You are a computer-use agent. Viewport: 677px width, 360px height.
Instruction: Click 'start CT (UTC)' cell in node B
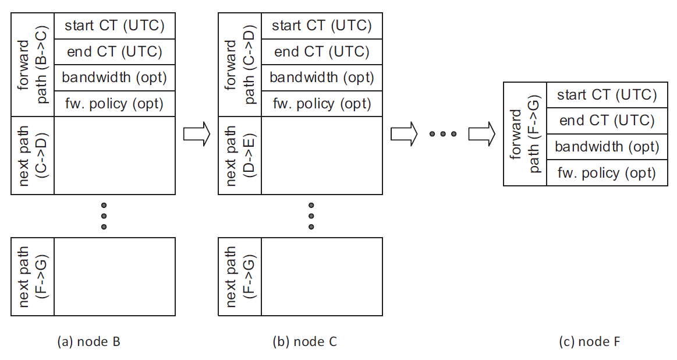(x=114, y=26)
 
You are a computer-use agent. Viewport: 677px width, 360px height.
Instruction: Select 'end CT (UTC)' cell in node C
(x=321, y=52)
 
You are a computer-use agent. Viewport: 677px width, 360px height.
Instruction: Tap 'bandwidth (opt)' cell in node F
(x=607, y=147)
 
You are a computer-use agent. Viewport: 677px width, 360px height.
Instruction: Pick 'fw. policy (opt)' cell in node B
(x=114, y=104)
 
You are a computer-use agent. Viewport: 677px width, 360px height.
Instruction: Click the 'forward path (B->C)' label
(x=33, y=65)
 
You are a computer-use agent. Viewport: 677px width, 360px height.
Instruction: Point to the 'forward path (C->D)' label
(x=240, y=65)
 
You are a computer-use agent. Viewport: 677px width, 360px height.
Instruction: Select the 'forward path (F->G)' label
(x=524, y=134)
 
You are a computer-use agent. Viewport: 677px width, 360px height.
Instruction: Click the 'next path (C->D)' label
(x=33, y=155)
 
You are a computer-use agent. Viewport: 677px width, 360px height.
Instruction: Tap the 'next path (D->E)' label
(x=240, y=155)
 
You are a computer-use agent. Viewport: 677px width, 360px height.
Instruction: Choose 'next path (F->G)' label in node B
(x=33, y=277)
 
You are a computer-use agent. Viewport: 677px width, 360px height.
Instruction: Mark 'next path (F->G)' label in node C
(x=240, y=277)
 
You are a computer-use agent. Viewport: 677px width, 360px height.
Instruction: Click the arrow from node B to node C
(x=196, y=134)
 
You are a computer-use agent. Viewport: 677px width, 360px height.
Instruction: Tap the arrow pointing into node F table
(x=481, y=134)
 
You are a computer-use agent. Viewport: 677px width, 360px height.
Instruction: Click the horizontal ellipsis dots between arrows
(x=442, y=134)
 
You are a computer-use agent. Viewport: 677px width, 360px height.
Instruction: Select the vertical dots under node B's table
(x=104, y=216)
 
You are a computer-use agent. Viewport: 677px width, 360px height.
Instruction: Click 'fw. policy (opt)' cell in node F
(x=607, y=173)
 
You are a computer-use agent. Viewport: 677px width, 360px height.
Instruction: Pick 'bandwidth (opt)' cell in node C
(x=321, y=78)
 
